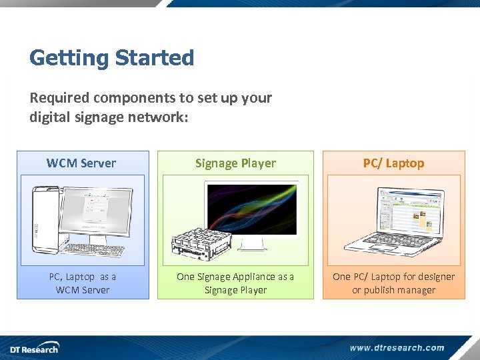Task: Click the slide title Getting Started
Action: click(111, 58)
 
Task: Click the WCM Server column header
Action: click(81, 163)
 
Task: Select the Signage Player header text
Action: click(235, 163)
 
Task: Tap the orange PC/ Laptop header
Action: click(393, 163)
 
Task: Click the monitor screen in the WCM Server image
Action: click(97, 209)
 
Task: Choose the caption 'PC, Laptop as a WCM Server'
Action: click(82, 283)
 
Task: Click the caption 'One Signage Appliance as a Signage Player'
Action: click(235, 283)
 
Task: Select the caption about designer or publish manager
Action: click(393, 283)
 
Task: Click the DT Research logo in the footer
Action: click(33, 347)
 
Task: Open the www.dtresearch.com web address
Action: click(397, 347)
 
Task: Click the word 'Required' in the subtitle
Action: click(59, 98)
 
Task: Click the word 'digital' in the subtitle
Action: click(50, 117)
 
